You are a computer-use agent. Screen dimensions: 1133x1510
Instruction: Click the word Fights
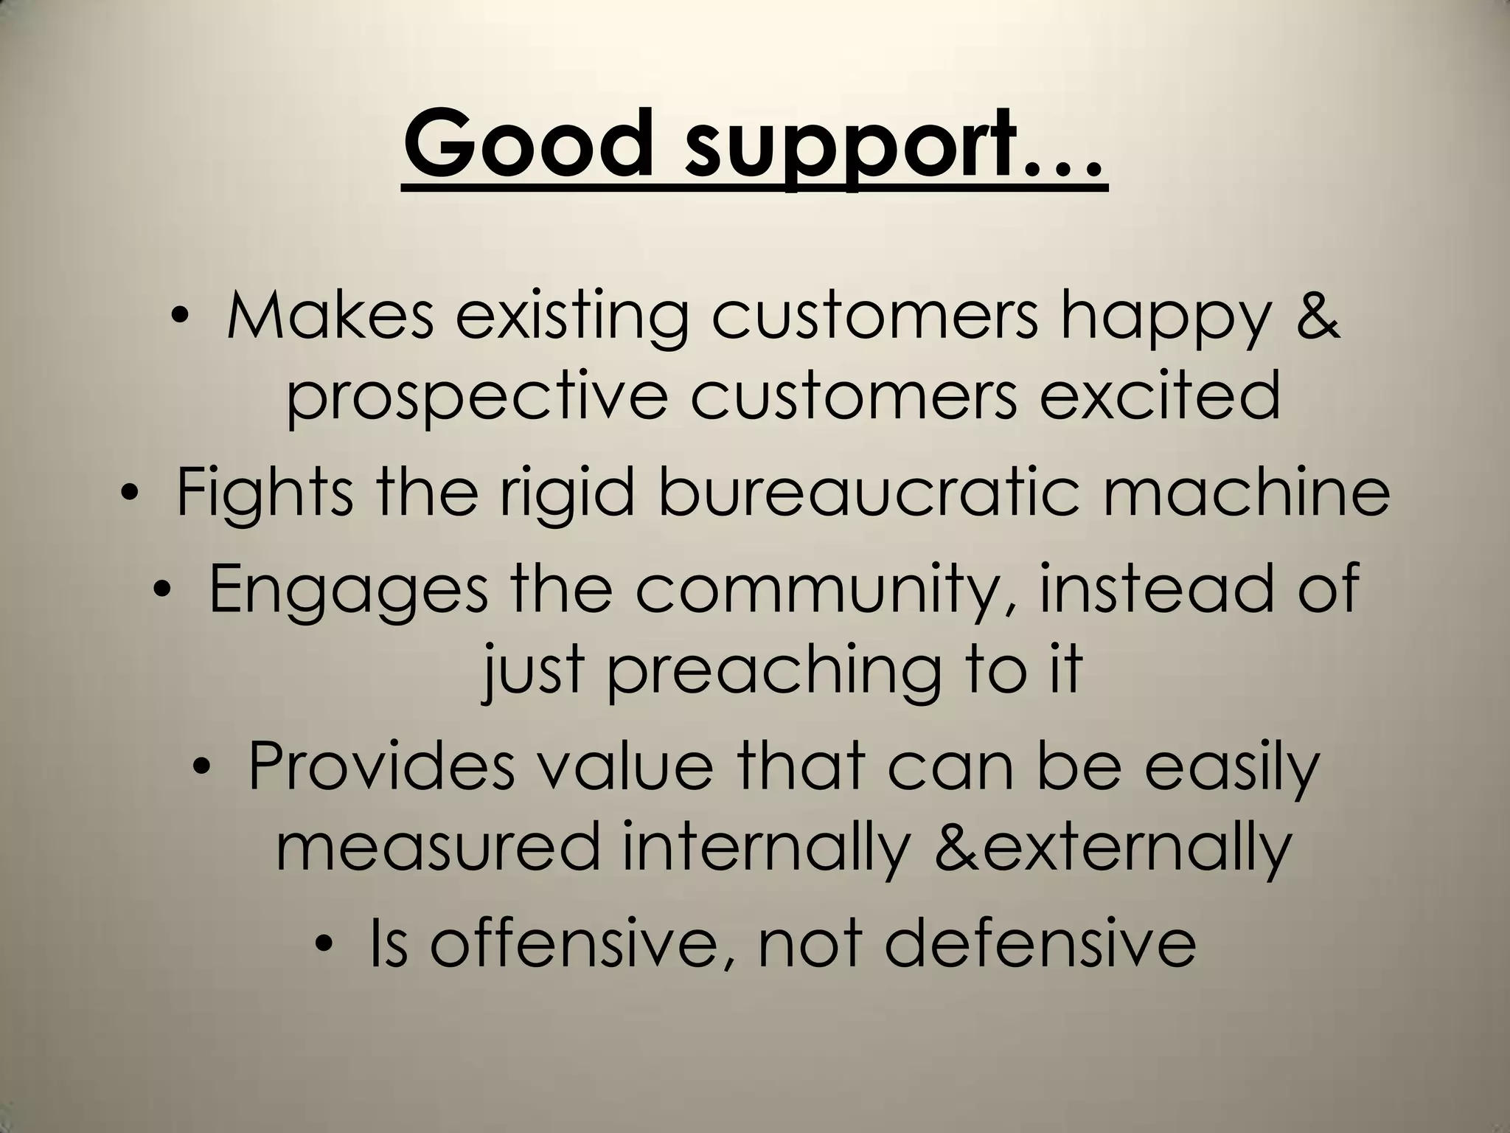[x=265, y=492]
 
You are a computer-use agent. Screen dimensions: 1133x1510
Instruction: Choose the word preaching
[x=774, y=671]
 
